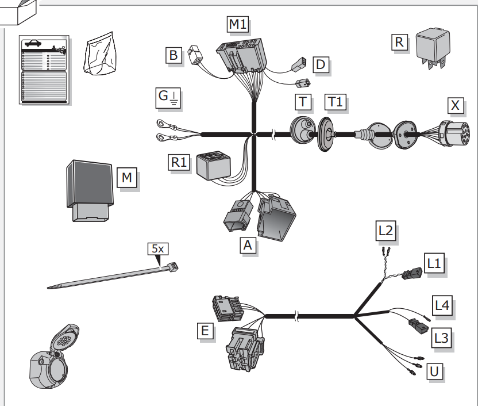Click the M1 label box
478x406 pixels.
point(237,24)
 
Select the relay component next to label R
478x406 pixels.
point(433,48)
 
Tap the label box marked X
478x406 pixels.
point(456,106)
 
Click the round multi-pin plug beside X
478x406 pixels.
point(454,134)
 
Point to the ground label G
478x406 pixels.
point(168,98)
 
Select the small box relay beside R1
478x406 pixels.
point(213,166)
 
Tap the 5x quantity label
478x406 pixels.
point(157,249)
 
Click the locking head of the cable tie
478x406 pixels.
point(173,267)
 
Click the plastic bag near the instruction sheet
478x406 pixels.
point(101,53)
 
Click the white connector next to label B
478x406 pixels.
point(195,55)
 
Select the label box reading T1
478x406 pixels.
point(336,102)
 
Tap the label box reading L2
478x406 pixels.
point(386,231)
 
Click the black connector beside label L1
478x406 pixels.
point(413,273)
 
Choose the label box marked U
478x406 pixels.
point(434,371)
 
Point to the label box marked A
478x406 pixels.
point(248,245)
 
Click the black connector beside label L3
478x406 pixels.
point(419,326)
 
